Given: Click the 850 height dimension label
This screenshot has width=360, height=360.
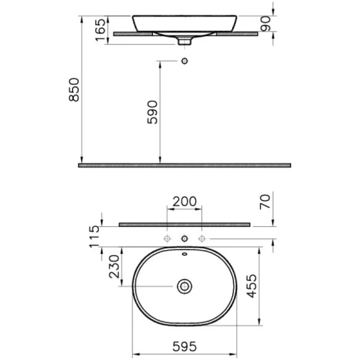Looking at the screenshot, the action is [x=74, y=90].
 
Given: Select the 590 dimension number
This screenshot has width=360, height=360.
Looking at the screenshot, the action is [x=152, y=112].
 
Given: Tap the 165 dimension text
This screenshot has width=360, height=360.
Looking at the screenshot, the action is [x=101, y=30].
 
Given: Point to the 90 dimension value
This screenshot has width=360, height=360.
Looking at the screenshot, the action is [x=265, y=23].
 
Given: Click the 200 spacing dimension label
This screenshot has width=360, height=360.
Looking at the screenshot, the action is [x=185, y=202].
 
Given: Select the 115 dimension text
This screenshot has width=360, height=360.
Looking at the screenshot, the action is [x=94, y=237].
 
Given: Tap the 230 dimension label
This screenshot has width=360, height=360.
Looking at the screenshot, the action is [x=114, y=266].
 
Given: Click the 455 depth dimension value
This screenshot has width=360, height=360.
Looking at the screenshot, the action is [x=251, y=286].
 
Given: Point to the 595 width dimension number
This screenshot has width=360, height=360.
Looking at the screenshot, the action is [x=185, y=346].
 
